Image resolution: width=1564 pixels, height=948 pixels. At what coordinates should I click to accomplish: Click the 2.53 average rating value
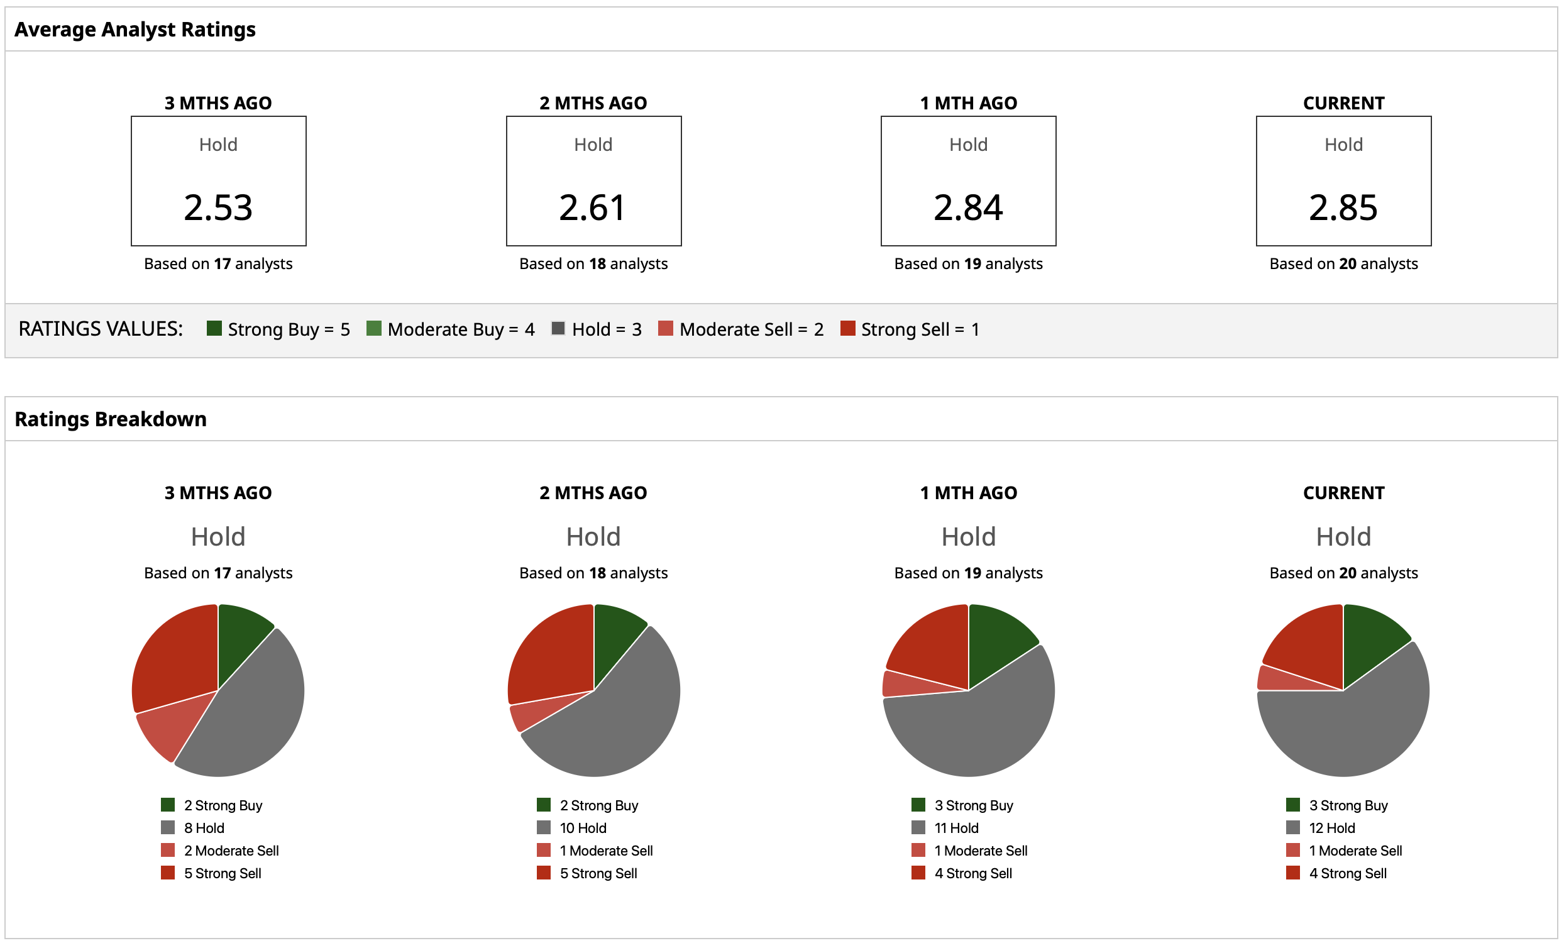tap(218, 207)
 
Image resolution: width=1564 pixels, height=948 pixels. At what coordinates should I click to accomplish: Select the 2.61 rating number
tap(593, 207)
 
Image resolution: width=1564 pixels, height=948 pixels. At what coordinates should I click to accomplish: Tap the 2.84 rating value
tap(968, 207)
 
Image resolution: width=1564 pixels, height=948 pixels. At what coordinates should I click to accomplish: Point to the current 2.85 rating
tap(1343, 207)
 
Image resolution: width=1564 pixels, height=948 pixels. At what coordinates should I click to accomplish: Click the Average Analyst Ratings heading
tap(135, 29)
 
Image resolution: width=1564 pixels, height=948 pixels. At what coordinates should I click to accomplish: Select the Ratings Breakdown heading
tap(111, 419)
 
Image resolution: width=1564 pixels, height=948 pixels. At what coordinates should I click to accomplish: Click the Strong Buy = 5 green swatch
tap(214, 328)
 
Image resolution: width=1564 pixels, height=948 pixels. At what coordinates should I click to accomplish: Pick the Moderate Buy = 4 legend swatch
tap(374, 328)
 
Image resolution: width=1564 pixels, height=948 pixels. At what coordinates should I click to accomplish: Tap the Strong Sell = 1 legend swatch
tap(847, 328)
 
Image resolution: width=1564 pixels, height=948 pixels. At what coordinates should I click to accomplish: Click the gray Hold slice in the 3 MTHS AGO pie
tap(254, 711)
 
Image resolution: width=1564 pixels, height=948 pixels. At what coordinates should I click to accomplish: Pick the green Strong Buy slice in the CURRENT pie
tap(1371, 641)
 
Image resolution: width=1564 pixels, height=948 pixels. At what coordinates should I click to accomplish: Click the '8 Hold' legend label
tap(204, 828)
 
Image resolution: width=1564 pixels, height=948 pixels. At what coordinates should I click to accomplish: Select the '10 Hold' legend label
tap(583, 828)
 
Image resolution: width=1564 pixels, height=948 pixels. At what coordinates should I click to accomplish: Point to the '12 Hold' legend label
tap(1331, 828)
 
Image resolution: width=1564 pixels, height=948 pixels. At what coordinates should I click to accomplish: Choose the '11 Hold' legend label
tap(956, 828)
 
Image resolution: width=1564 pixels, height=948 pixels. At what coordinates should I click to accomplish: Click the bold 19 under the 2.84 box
tap(973, 263)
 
